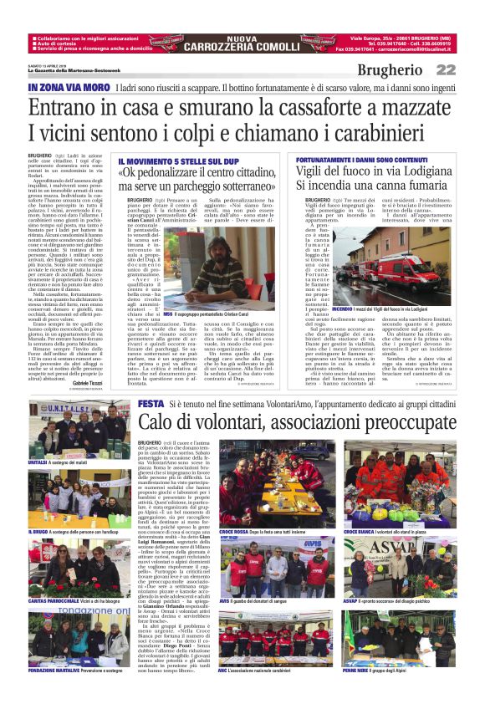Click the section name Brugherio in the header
[391, 70]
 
